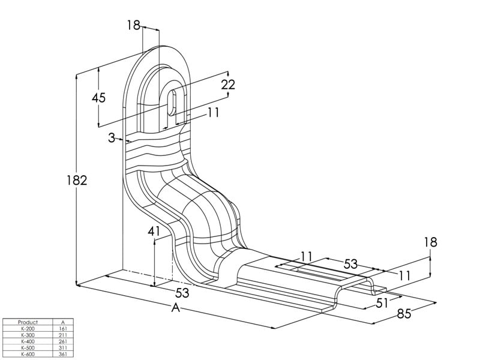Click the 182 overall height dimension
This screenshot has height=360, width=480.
[78, 180]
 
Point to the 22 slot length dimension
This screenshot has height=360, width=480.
[228, 85]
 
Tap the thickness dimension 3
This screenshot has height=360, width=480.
[112, 138]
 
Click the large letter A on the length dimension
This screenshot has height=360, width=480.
[176, 308]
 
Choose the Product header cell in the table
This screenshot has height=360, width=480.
[28, 322]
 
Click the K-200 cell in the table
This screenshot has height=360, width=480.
[28, 329]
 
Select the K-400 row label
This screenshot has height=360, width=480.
[28, 341]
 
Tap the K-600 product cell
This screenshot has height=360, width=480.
[28, 354]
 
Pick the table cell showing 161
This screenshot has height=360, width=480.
[63, 329]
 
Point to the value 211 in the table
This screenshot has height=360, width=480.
[63, 335]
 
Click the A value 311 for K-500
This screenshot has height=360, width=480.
[63, 347]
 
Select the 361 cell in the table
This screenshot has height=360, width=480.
[63, 354]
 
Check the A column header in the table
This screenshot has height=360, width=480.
[63, 322]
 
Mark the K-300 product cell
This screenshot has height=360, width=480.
[28, 335]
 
